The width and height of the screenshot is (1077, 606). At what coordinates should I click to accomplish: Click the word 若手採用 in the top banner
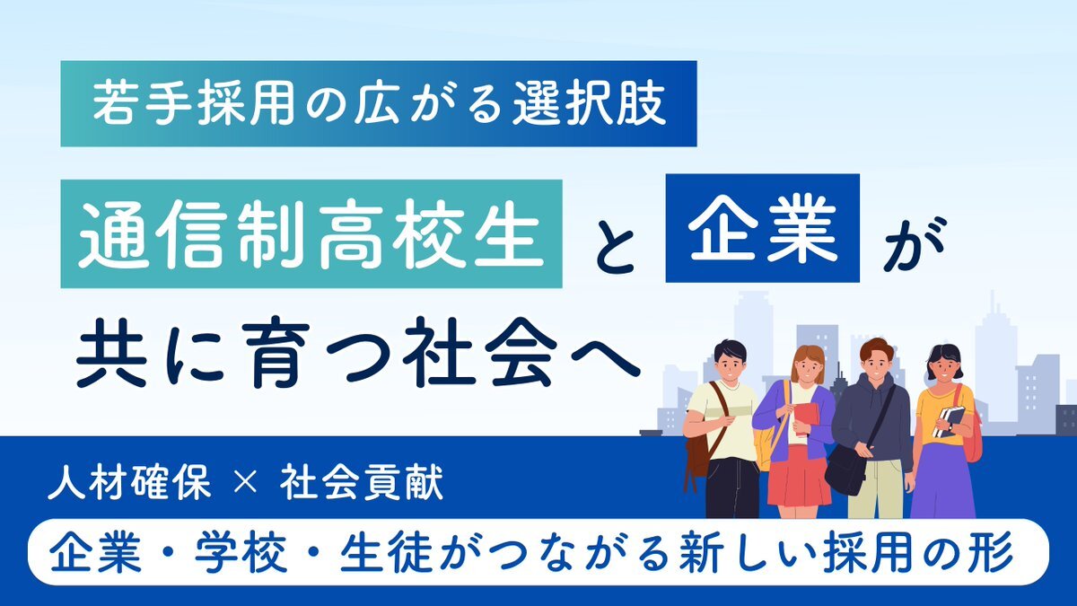point(193,104)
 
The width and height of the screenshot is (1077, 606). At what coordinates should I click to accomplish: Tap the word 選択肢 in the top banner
point(590,104)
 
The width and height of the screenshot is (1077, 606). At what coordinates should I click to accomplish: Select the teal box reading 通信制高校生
point(311,233)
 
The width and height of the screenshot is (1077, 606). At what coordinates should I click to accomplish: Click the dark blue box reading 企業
point(763,228)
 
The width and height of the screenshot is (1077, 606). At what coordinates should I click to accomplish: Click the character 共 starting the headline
point(111,352)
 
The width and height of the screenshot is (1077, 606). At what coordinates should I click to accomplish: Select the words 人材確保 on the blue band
point(130,481)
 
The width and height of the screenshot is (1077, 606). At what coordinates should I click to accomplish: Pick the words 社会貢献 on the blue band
point(362,481)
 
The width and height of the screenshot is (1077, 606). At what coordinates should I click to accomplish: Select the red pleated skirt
point(799,477)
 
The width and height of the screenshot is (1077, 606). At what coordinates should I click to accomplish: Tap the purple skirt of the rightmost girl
point(943,481)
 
